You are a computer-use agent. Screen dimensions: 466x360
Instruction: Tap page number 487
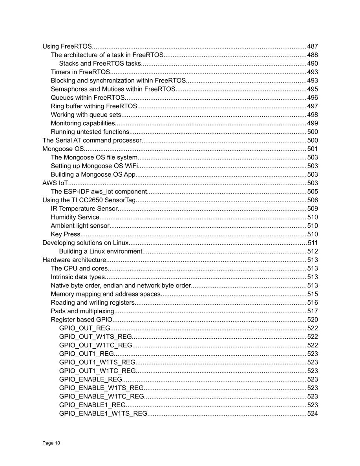(312, 46)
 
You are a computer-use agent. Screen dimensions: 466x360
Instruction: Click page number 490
(312, 64)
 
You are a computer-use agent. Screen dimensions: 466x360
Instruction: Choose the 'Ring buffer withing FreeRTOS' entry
(94, 106)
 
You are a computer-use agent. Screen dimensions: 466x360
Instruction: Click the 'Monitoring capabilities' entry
(83, 123)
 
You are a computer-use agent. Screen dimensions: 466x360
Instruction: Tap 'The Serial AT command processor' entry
(91, 141)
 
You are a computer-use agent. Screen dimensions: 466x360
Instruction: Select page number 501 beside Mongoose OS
(312, 149)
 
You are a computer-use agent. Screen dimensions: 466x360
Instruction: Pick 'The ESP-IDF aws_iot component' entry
(99, 192)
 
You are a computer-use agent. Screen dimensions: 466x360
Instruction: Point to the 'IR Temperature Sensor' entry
(84, 209)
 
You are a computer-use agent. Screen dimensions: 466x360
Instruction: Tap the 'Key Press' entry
(66, 234)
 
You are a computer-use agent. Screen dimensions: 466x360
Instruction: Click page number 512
(312, 252)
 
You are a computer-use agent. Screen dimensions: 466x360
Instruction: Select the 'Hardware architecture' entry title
(74, 260)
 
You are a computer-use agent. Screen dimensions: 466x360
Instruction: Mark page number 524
(312, 414)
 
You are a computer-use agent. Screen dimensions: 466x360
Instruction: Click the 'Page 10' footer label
(51, 443)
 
